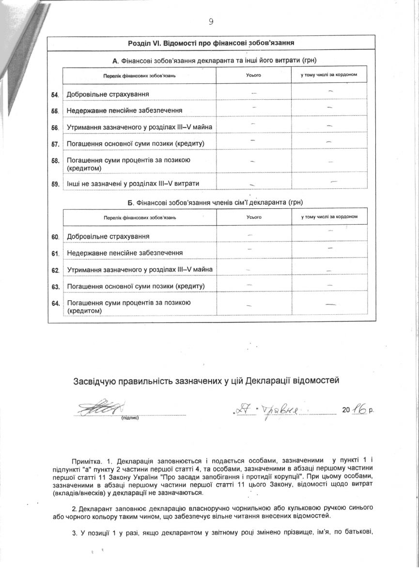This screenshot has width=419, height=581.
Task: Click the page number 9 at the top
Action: [211, 21]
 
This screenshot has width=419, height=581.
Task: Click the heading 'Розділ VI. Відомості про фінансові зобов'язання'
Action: [212, 43]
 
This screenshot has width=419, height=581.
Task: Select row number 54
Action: [55, 94]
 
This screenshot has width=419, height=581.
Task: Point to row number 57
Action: [55, 144]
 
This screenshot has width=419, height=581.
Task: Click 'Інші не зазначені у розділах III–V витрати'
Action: [133, 183]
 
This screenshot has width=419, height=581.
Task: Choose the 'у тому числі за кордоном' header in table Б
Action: [329, 216]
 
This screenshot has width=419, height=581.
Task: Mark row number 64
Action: [55, 303]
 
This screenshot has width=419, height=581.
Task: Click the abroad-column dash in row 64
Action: [331, 305]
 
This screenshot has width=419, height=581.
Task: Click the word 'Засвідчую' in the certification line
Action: [95, 380]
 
